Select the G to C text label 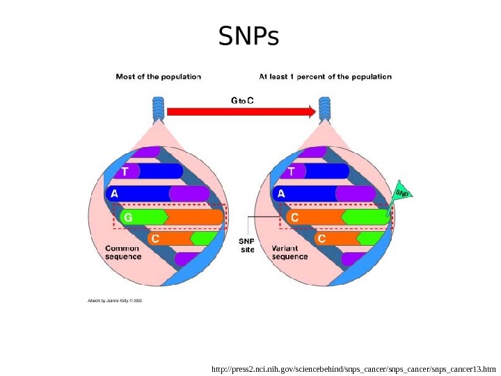[242, 100]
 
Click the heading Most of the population [159, 77]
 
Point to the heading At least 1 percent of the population [325, 77]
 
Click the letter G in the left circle [127, 217]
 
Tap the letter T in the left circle [125, 171]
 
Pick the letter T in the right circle [291, 171]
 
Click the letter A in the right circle [280, 194]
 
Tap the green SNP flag [401, 192]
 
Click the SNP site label [248, 245]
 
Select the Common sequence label [122, 251]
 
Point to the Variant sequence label [289, 251]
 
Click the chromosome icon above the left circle [159, 109]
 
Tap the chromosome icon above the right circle [324, 109]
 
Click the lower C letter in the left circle [155, 238]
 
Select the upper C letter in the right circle [294, 217]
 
